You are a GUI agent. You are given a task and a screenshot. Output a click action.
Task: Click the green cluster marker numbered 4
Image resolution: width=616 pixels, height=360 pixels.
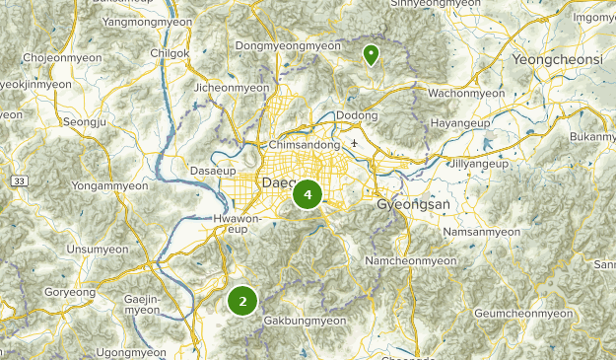[308, 195]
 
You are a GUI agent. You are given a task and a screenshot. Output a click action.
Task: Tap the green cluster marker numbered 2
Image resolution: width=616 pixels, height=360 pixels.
[242, 301]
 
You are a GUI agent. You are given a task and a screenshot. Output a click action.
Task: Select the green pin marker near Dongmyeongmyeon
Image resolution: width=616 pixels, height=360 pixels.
[371, 54]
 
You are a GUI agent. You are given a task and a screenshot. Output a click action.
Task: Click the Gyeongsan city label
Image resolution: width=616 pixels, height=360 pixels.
[412, 204]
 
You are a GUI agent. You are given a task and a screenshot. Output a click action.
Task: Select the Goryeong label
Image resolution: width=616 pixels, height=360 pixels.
[70, 292]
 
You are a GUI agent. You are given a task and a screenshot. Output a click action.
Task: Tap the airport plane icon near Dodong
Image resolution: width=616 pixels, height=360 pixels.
[354, 144]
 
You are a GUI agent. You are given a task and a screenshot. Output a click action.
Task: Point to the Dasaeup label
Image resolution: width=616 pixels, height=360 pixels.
[213, 171]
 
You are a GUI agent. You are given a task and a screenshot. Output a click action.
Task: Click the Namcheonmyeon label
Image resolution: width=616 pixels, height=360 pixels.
[411, 260]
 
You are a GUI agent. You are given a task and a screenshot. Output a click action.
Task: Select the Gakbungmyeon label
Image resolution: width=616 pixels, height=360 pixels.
[305, 321]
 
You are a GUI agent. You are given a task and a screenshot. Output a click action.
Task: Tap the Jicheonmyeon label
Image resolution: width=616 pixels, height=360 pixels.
[232, 88]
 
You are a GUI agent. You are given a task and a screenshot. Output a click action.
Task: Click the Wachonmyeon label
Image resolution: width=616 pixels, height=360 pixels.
[465, 94]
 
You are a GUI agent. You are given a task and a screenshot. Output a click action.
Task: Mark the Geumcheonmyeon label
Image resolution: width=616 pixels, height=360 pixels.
[523, 313]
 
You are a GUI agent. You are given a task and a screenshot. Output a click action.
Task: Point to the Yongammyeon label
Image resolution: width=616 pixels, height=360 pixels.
[110, 184]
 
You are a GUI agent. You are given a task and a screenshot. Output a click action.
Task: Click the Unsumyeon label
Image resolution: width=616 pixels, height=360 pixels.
[97, 249]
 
